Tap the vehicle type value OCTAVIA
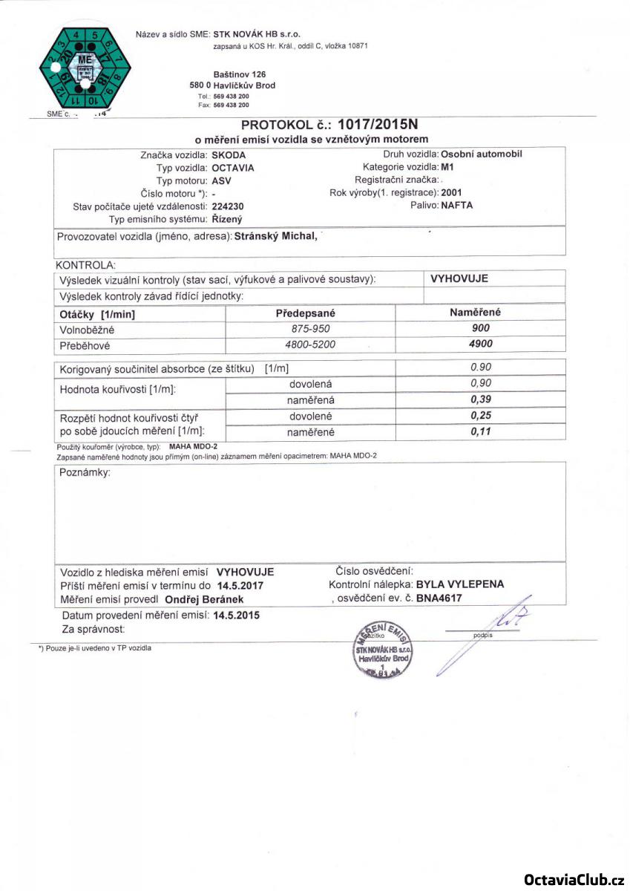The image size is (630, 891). (233, 168)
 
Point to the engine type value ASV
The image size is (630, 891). (221, 180)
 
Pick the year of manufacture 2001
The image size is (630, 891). (451, 193)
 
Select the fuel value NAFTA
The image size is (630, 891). (456, 206)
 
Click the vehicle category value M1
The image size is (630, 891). (447, 168)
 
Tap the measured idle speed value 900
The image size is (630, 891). (482, 328)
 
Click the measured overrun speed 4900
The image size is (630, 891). (482, 344)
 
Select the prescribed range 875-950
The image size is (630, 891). (312, 328)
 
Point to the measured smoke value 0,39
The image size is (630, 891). (482, 399)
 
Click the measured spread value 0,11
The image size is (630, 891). (482, 431)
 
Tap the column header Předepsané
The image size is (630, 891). (312, 313)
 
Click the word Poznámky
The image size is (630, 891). (83, 473)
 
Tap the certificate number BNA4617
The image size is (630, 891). (439, 597)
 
